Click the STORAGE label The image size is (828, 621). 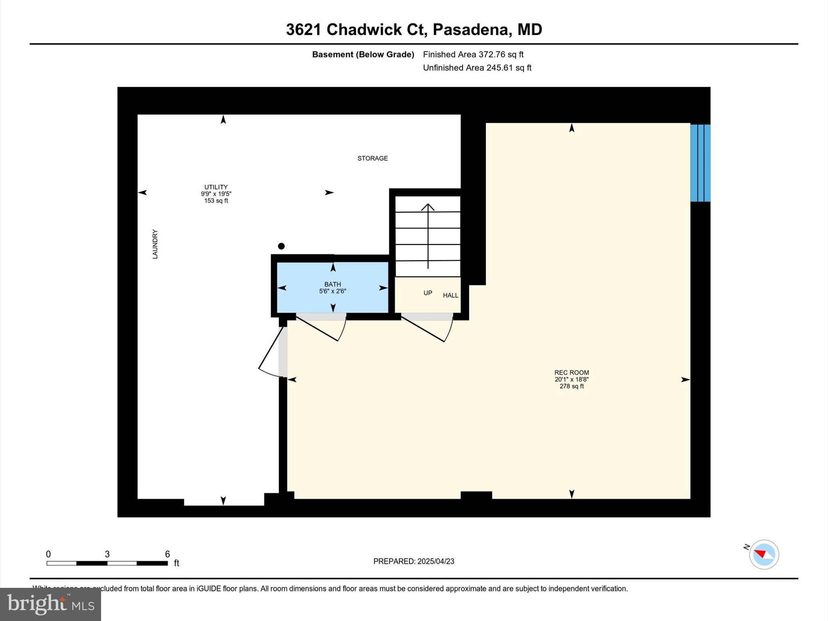click(372, 158)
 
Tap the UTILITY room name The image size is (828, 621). click(216, 187)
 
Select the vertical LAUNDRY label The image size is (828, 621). click(155, 244)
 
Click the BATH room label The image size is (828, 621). click(332, 284)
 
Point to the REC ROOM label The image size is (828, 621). click(571, 373)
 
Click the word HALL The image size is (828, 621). click(450, 296)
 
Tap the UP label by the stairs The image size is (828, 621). click(428, 293)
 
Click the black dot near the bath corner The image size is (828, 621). click(281, 246)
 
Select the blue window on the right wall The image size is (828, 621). click(700, 163)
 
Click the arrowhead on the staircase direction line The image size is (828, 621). click(428, 207)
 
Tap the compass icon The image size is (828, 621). click(764, 554)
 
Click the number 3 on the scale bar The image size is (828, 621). click(107, 554)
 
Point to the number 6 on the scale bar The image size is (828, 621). click(167, 554)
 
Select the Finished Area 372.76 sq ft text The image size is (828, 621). click(473, 55)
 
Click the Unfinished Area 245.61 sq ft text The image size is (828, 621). click(477, 68)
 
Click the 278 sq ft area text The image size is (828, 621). click(571, 387)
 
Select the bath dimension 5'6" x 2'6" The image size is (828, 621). click(332, 291)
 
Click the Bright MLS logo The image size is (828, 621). click(51, 604)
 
